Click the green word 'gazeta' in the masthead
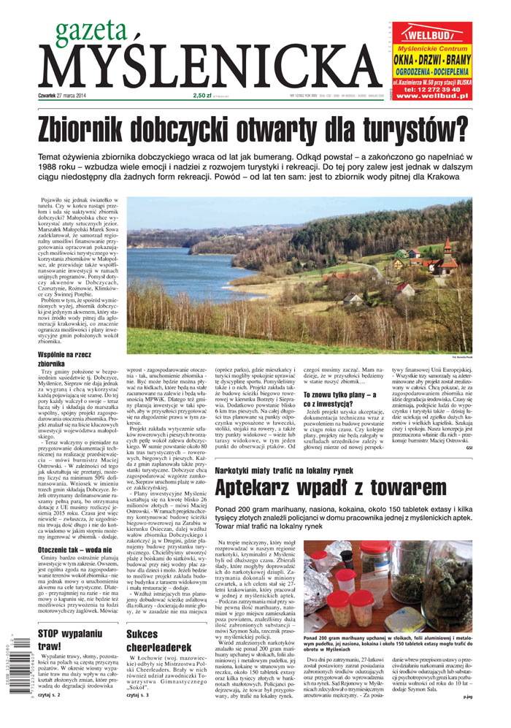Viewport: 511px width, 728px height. point(86,31)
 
